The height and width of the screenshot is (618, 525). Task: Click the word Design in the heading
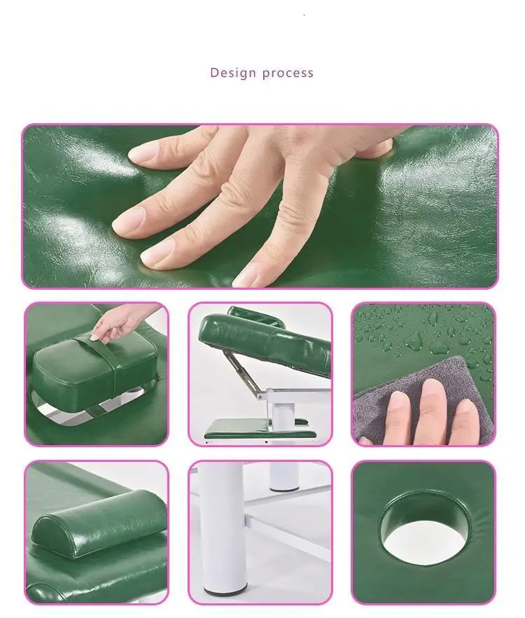pos(233,73)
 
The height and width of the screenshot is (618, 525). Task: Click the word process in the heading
pos(288,73)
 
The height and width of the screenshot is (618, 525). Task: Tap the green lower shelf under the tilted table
pos(260,429)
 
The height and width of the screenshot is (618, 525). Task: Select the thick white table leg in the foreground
pos(222,528)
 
